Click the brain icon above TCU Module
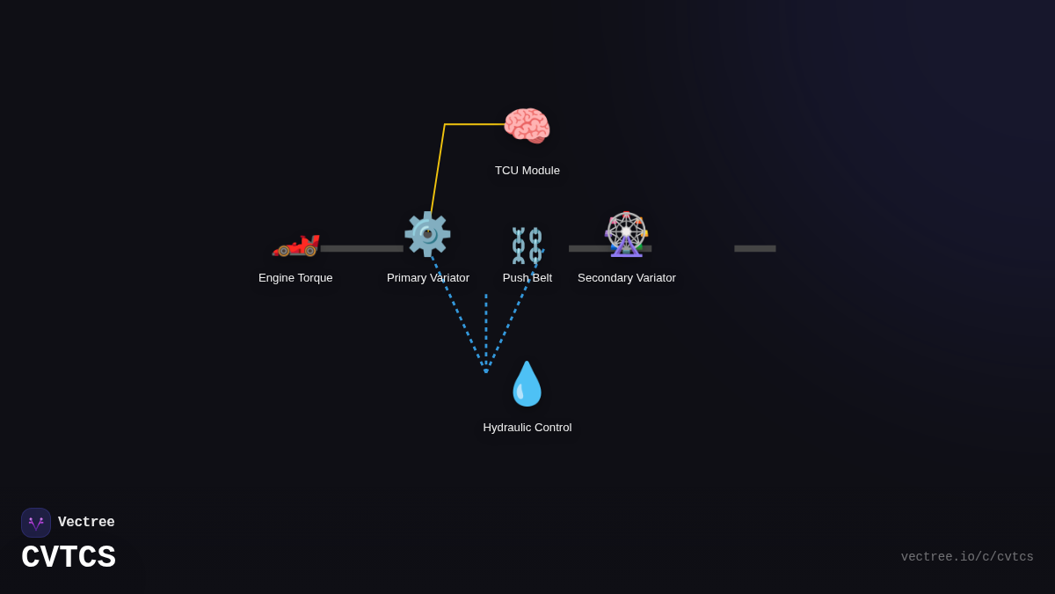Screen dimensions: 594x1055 tap(527, 126)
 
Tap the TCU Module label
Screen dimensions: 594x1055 tap(527, 171)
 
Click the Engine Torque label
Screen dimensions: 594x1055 tap(295, 278)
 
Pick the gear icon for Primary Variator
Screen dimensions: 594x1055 tap(427, 234)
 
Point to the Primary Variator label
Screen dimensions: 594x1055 tap(428, 278)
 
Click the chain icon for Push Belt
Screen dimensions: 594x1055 tap(527, 246)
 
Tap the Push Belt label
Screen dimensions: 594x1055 tap(527, 278)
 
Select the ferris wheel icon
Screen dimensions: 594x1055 tap(626, 234)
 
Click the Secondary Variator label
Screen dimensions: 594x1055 tap(627, 278)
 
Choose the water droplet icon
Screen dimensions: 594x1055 tap(527, 384)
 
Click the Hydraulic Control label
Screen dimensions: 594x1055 tap(527, 428)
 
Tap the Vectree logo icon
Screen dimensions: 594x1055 tap(36, 523)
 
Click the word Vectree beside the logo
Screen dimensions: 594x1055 tap(86, 523)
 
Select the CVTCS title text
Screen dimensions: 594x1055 tap(69, 558)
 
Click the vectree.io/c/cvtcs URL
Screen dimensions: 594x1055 tap(967, 557)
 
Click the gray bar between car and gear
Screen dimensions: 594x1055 tap(361, 249)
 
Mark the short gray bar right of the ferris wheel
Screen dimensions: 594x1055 tap(755, 249)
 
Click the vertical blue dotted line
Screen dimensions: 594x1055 tap(486, 330)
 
